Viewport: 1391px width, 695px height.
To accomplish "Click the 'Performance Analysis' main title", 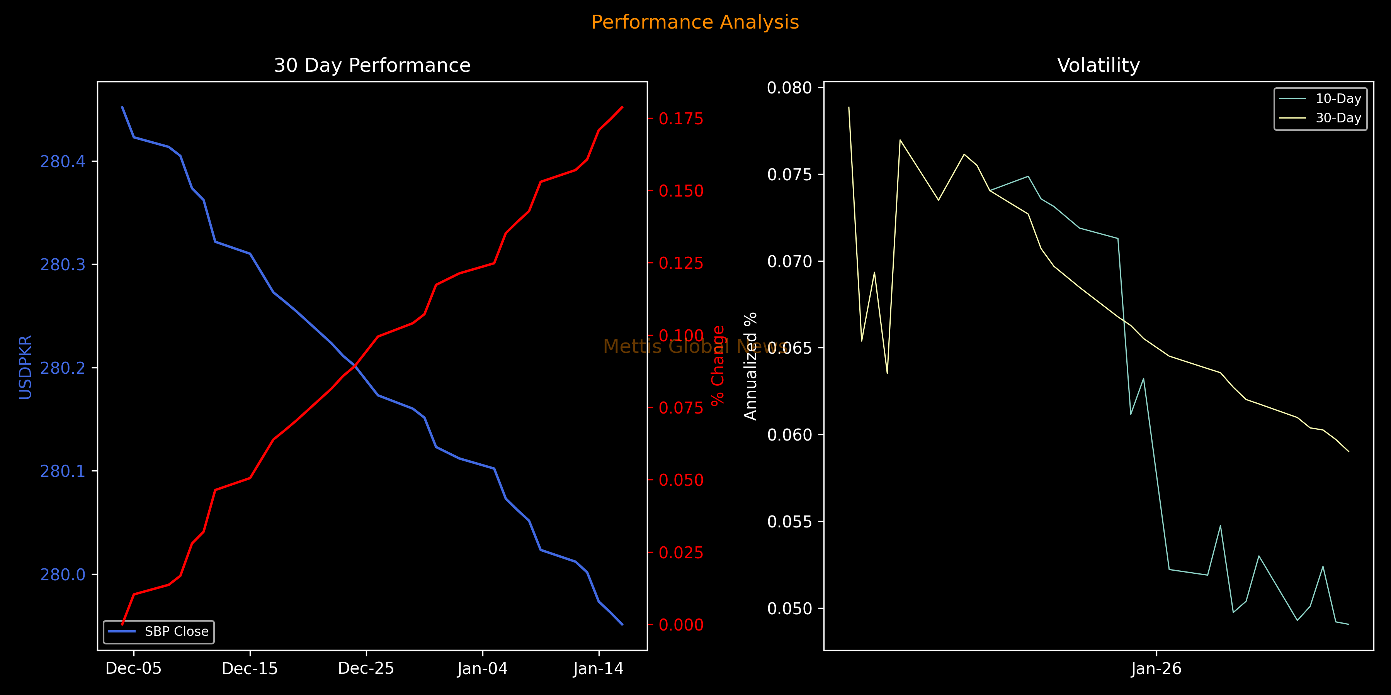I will click(x=695, y=22).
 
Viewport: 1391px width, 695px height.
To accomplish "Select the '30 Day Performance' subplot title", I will click(x=372, y=65).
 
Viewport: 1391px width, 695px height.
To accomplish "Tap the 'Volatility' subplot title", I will click(x=1099, y=65).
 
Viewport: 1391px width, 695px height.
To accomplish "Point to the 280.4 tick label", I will click(x=63, y=161).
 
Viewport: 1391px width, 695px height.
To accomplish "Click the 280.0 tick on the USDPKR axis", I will click(x=63, y=575).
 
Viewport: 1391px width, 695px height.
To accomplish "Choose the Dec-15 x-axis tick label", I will click(x=250, y=669).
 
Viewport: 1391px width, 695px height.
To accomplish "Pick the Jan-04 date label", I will click(x=482, y=669).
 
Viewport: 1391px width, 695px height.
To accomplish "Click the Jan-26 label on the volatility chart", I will click(x=1156, y=669).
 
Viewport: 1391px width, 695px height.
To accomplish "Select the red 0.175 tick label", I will click(x=681, y=119).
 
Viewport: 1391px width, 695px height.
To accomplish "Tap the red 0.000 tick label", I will click(x=681, y=625).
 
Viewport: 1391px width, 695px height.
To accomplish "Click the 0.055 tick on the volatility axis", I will click(x=789, y=522).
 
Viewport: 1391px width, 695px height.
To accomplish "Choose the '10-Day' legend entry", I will click(x=1338, y=99).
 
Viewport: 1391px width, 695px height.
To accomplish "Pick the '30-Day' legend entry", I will click(x=1338, y=118).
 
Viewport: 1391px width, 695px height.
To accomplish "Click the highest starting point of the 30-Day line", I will click(x=849, y=107).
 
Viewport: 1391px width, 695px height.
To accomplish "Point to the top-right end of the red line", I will click(x=622, y=107).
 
